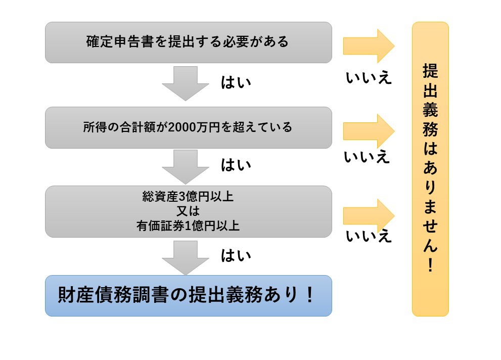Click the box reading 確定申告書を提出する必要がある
[x=188, y=42]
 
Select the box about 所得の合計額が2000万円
[x=188, y=127]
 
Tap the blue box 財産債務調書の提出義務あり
[x=188, y=295]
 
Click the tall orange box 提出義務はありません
[x=430, y=169]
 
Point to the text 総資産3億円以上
[x=188, y=197]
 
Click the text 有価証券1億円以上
[x=188, y=226]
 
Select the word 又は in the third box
[x=188, y=211]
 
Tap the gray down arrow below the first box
[x=185, y=83]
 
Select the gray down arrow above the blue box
[x=185, y=257]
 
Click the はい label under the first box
[x=236, y=82]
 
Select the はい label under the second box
[x=236, y=165]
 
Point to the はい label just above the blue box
[x=236, y=256]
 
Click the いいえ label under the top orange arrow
[x=369, y=78]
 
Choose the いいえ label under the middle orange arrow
[x=368, y=157]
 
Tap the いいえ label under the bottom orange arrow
[x=369, y=236]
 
